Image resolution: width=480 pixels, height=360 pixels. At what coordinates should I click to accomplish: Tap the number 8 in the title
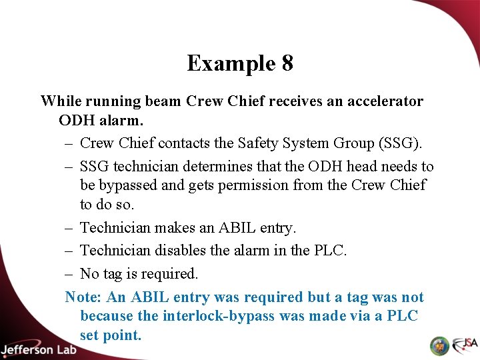[x=287, y=63]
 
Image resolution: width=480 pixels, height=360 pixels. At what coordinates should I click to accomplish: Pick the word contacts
[x=185, y=143]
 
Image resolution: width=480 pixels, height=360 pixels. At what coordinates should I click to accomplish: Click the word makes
[x=175, y=228]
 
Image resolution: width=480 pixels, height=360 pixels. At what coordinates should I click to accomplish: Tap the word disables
[x=183, y=251]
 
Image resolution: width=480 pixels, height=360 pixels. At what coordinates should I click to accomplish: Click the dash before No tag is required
[x=69, y=273]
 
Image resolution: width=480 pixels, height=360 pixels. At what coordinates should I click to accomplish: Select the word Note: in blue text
[x=84, y=297]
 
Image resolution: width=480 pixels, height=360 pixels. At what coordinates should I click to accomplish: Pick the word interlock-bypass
[x=219, y=316]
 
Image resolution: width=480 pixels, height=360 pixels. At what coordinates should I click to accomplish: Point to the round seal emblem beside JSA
[x=439, y=346]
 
